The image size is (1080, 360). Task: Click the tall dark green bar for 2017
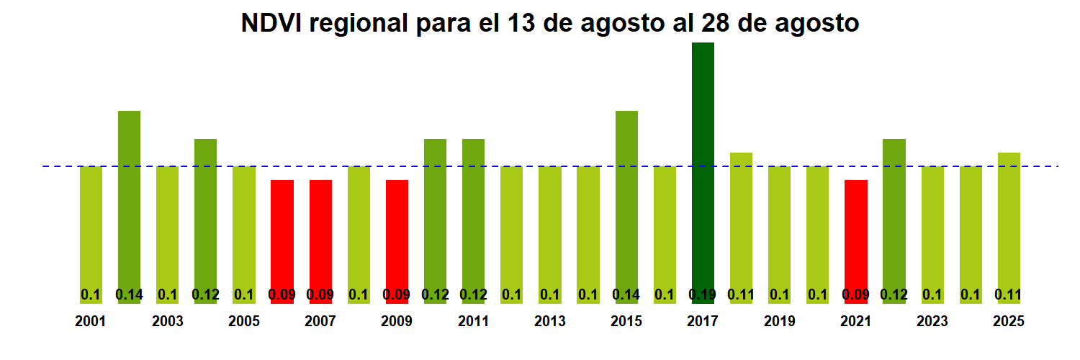(x=703, y=173)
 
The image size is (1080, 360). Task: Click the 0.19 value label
(x=703, y=294)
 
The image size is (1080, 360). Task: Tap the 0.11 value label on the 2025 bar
(x=1009, y=294)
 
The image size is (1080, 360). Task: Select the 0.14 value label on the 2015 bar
(x=626, y=294)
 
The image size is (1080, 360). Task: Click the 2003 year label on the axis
(x=167, y=321)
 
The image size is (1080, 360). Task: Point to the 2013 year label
(x=549, y=321)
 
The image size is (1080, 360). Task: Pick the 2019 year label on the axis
(x=779, y=321)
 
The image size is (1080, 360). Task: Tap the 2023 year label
(x=932, y=321)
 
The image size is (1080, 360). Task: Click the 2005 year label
(x=243, y=321)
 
